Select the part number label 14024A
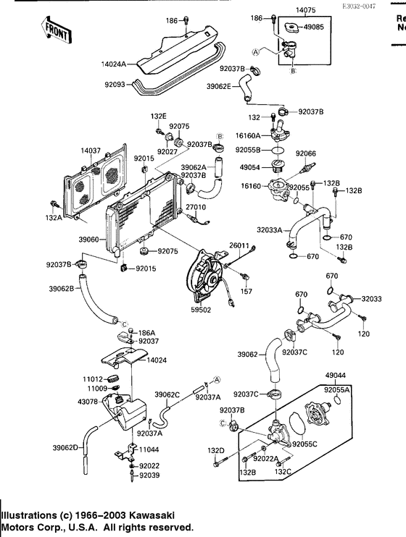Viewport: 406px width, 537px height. point(115,64)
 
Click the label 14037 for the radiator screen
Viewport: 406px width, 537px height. point(91,151)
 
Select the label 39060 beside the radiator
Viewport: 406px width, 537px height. point(93,240)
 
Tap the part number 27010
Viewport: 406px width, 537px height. point(196,208)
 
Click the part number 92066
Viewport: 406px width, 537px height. point(305,153)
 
